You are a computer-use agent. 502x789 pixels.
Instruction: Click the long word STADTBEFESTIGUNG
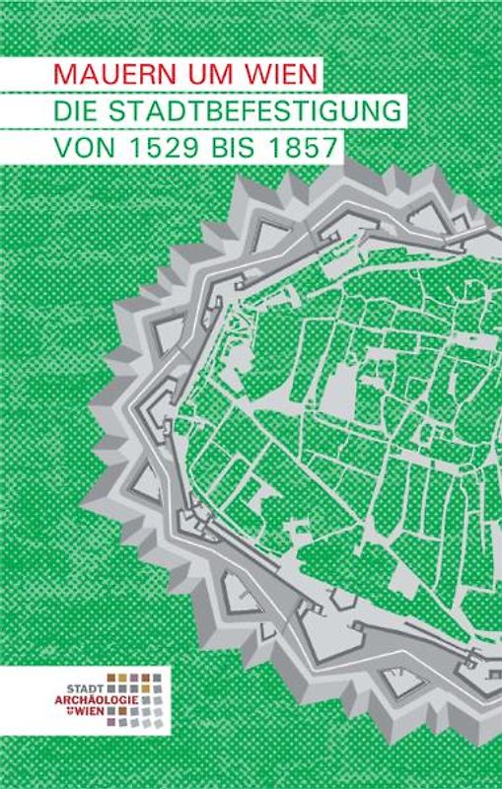point(256,110)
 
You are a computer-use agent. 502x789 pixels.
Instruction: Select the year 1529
point(167,147)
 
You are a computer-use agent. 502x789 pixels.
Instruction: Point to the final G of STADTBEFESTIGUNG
point(394,110)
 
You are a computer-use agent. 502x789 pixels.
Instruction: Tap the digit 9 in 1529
point(191,147)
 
